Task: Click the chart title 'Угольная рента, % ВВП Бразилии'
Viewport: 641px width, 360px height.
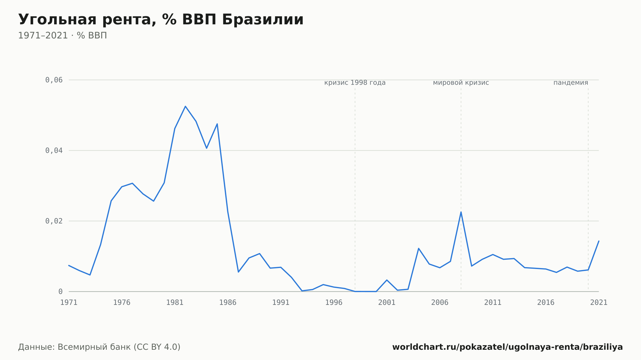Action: (x=161, y=20)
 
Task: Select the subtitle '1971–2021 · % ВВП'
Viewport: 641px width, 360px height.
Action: (x=62, y=36)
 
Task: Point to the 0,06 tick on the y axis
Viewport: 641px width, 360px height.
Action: (x=54, y=80)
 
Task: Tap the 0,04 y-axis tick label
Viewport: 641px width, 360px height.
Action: (x=54, y=151)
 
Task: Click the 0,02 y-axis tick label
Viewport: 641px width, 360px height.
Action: (x=54, y=221)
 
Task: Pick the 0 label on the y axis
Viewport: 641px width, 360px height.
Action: (x=60, y=291)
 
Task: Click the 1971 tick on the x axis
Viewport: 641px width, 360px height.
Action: (x=69, y=303)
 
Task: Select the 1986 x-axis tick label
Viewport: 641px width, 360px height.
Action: (x=228, y=303)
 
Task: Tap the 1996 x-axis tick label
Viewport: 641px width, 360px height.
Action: (x=334, y=303)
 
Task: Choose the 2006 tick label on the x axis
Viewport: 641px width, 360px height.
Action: (x=440, y=303)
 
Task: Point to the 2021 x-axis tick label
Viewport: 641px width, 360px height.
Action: (x=599, y=303)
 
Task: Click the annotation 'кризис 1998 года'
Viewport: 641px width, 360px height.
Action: (x=355, y=83)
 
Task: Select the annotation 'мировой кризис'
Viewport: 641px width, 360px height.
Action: (x=461, y=83)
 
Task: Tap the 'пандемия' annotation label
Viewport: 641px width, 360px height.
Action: (x=571, y=83)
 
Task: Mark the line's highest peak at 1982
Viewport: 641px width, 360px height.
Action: (x=185, y=106)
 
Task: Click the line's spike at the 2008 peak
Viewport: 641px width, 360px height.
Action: (x=461, y=212)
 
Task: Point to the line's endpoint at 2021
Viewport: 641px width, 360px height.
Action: (x=599, y=241)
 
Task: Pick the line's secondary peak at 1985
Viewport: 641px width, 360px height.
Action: (x=217, y=124)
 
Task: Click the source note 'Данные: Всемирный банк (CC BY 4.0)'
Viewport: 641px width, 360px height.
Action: (x=99, y=347)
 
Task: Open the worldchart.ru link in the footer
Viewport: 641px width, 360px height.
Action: (x=508, y=347)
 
